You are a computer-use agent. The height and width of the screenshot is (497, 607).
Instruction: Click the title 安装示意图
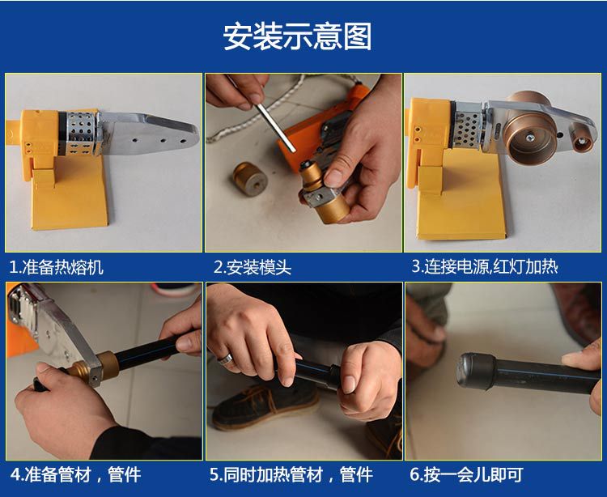click(297, 36)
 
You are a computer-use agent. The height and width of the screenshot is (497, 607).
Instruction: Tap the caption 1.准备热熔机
click(57, 267)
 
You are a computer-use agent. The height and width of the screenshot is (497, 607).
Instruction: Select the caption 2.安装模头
click(253, 267)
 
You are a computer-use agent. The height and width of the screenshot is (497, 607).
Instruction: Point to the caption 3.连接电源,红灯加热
click(485, 266)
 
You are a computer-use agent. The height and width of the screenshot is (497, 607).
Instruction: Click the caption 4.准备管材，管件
click(75, 474)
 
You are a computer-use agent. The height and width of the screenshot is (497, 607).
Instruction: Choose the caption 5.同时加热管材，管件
click(291, 474)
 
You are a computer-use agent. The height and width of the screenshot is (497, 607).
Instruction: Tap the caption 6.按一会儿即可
click(466, 474)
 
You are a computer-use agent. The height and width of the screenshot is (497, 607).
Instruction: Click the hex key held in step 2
click(275, 127)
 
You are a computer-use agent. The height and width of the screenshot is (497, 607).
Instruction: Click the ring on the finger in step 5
click(225, 359)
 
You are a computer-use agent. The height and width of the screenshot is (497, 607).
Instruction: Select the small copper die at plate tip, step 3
click(580, 142)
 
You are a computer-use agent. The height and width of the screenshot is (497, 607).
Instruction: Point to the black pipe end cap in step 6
click(475, 372)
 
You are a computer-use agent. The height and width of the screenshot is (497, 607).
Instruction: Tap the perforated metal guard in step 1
click(80, 134)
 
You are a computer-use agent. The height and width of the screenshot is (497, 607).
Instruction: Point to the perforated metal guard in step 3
click(469, 125)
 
